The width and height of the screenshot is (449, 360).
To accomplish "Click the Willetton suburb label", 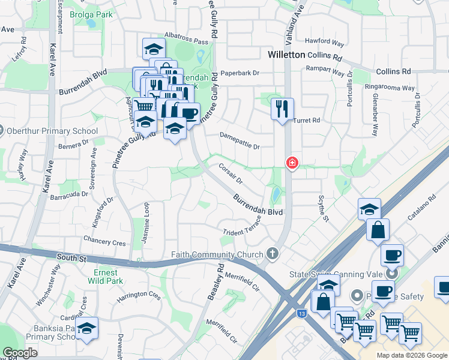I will (286, 55).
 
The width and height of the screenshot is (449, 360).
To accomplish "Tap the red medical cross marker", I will (292, 163).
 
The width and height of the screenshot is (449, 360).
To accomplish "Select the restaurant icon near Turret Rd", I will (282, 109).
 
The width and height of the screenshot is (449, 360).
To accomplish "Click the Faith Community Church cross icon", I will (273, 254).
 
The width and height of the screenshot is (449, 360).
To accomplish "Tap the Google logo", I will (20, 353).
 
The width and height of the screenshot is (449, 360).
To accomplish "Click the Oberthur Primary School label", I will (51, 131).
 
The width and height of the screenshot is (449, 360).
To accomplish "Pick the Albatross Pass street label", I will (187, 42).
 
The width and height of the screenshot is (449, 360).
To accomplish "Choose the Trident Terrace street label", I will (242, 230).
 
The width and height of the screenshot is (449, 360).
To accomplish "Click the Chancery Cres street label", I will (106, 243).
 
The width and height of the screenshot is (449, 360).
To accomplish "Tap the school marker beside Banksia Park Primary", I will (86, 329).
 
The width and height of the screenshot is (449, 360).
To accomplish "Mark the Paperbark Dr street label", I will (239, 73).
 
